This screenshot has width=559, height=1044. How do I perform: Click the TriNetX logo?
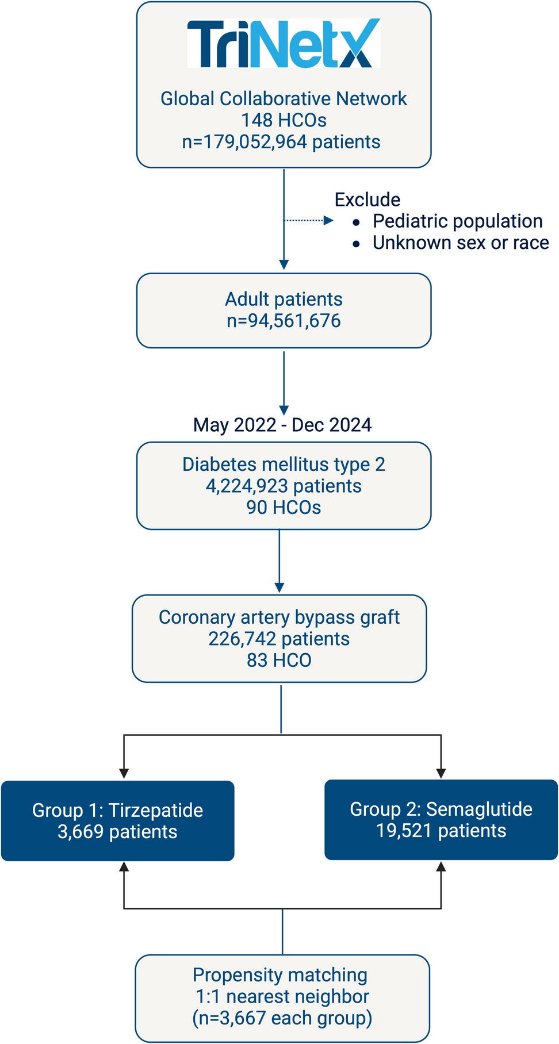coord(284,44)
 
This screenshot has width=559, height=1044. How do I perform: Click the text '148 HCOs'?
coord(284,120)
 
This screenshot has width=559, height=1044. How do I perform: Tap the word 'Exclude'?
coord(367,199)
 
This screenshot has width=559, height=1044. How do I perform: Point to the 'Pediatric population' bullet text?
coord(457,221)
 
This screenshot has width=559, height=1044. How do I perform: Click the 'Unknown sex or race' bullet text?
coord(461,243)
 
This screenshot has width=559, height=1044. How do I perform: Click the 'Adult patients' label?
coord(284,299)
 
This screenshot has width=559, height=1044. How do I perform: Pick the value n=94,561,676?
coord(284,321)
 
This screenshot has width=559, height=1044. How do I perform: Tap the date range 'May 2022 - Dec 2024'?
coord(282,425)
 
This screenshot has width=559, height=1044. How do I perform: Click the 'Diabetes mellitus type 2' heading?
coord(284,465)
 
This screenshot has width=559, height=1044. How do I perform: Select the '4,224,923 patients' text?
coord(284,486)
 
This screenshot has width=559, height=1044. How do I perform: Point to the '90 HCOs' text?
coord(284,508)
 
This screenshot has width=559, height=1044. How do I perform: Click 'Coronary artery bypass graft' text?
coord(279,617)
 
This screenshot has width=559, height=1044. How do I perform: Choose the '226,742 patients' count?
coord(279,639)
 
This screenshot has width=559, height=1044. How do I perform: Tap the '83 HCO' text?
coord(279,660)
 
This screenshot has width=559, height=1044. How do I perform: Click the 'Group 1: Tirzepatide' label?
coord(117,810)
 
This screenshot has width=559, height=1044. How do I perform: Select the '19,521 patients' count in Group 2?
coord(441,831)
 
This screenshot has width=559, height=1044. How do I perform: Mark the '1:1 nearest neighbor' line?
coord(282,996)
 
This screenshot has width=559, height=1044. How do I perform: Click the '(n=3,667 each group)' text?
coord(282,1018)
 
